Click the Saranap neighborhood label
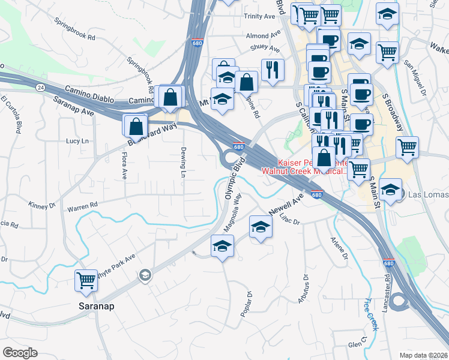tap(96, 305)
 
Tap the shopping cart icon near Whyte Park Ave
tap(86, 280)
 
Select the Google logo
tap(20, 352)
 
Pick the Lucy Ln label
tap(77, 141)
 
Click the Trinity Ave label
tap(258, 17)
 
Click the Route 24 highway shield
tap(40, 88)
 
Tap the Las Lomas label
tap(427, 196)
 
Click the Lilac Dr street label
tap(289, 221)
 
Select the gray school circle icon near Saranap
tap(145, 275)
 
